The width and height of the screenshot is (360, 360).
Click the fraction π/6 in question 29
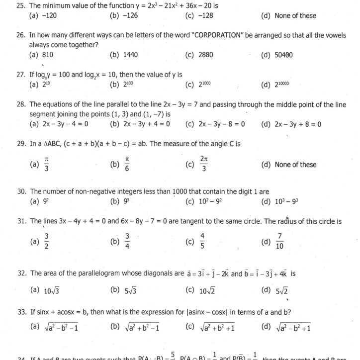tap(127, 165)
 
